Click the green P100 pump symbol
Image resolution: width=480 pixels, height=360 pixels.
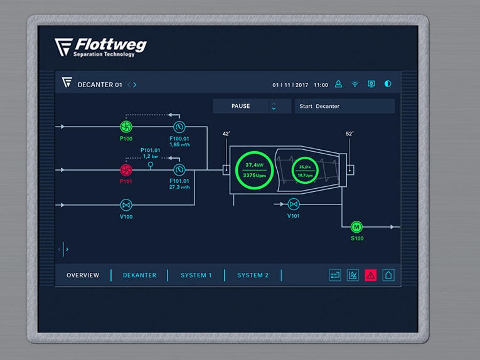point(126,126)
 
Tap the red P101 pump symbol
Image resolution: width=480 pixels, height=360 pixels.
point(126,170)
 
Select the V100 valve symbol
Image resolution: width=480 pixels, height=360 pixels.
point(126,205)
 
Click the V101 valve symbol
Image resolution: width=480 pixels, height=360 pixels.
point(294,204)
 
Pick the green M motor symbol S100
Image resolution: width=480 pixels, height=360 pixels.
point(356,227)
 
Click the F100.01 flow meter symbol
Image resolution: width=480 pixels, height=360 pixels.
point(179,127)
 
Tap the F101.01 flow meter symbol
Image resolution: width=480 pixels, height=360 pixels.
point(179,170)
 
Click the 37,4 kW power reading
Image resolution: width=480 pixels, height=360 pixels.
point(254,165)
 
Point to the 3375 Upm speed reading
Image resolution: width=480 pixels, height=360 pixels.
point(254,175)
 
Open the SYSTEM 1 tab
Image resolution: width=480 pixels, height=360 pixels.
point(196,275)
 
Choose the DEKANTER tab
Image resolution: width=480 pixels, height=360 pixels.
point(139,275)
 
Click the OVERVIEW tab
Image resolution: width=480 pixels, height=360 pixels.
point(83,275)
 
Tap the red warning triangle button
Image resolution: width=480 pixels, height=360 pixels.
point(370,275)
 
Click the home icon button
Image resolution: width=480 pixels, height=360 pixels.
point(388,275)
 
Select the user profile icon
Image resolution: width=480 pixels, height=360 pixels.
point(338,84)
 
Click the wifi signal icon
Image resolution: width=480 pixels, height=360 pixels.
point(355,84)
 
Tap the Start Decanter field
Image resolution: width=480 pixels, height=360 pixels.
point(344,106)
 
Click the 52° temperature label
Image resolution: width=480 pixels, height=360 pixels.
point(349,134)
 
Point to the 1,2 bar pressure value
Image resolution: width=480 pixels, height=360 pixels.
point(151,156)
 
